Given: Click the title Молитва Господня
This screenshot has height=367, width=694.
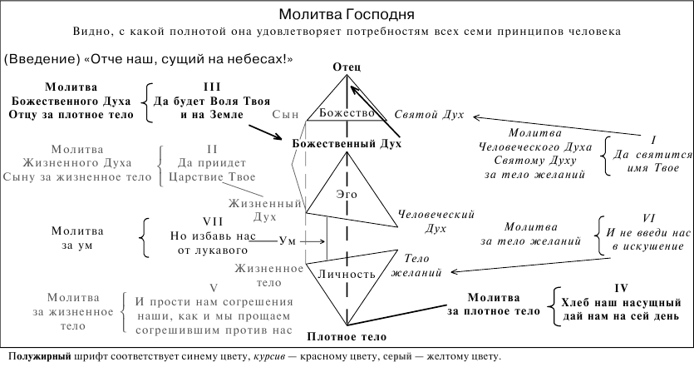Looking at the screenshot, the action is (347, 14).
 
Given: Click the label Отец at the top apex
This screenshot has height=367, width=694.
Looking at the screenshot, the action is (347, 67).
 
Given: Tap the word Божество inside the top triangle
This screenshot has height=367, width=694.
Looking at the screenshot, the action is (347, 113).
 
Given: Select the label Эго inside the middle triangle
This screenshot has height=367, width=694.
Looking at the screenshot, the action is (347, 194).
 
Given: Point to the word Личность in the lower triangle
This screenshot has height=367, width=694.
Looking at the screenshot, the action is (347, 274).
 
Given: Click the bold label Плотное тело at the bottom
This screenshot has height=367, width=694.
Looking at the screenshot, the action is (347, 337).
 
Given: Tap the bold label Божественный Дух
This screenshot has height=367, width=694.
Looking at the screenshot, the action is (347, 144).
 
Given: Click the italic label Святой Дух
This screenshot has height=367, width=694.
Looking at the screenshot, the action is (429, 115).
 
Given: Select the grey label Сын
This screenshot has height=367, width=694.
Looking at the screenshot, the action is (285, 114).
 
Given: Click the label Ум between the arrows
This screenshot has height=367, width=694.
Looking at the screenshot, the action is (288, 241).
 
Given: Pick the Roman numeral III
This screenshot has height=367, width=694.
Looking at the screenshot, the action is (212, 87).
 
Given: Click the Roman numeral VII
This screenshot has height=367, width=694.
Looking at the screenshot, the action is (213, 221).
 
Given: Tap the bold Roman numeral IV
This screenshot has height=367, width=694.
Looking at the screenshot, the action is (622, 288).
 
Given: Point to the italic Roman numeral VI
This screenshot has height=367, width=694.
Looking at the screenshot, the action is (649, 219).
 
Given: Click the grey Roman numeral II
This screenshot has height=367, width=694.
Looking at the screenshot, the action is (212, 149).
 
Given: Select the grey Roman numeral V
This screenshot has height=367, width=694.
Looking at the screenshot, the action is (214, 289).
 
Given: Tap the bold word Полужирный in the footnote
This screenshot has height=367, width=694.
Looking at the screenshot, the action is (40, 356).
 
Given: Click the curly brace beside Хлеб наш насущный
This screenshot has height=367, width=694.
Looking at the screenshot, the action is (553, 306).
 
